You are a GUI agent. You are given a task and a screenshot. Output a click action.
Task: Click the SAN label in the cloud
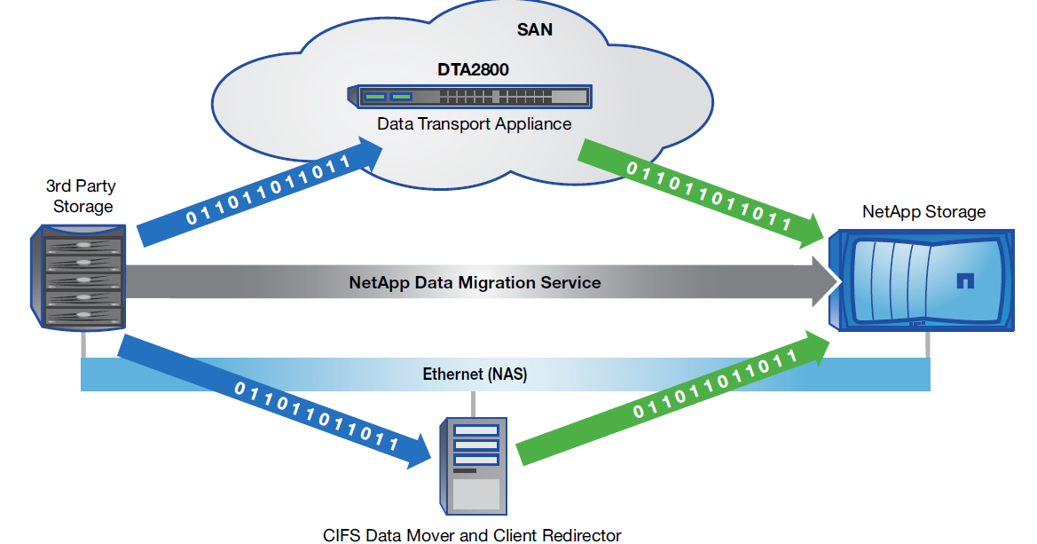coord(535,29)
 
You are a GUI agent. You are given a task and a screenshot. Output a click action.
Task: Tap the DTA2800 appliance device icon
coord(470,97)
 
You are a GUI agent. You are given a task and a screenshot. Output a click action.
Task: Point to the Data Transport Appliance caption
coord(475,124)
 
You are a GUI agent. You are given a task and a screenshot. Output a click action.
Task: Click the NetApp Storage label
coord(923,212)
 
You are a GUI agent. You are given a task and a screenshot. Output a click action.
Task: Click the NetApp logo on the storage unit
coord(965,282)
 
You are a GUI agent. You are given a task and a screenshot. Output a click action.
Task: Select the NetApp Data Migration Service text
coord(475,283)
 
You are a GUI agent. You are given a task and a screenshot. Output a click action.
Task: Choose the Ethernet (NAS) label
coord(475,374)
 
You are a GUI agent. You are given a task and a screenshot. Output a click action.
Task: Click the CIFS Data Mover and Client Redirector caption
coord(472,535)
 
